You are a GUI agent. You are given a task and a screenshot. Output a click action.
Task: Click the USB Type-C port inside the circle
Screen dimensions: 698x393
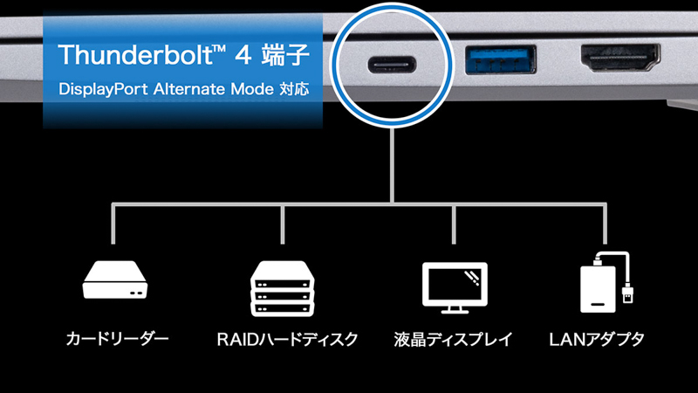point(392,65)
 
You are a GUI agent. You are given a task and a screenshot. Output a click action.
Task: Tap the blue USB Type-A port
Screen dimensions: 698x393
point(500,59)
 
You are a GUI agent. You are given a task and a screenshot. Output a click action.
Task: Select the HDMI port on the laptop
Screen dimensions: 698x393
point(620,58)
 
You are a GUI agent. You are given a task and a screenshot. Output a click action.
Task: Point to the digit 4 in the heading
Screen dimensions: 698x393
point(243,55)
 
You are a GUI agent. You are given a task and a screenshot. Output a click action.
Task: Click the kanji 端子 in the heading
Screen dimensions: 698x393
point(285,54)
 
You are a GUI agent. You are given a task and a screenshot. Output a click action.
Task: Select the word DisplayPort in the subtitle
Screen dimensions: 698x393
point(103,89)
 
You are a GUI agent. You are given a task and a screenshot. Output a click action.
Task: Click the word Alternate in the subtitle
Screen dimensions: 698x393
point(189,89)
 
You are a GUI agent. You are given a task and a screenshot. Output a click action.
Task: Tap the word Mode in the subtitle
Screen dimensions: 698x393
point(252,89)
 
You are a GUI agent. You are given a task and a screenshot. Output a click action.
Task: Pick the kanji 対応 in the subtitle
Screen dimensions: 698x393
point(294,89)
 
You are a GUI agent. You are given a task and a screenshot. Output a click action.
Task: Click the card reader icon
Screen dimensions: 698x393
point(115,279)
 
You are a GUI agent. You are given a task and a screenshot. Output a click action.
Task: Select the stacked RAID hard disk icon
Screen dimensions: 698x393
point(282,289)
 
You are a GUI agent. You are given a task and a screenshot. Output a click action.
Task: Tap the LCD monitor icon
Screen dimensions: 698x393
point(455,287)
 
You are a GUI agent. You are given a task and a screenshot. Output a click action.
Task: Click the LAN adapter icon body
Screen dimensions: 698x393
point(599,290)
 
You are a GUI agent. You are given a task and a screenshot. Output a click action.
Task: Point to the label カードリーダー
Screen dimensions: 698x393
point(117,339)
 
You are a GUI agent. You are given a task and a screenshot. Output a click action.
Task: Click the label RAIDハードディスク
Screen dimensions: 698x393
point(287,340)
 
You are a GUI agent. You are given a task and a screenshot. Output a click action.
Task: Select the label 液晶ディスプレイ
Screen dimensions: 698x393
point(453,340)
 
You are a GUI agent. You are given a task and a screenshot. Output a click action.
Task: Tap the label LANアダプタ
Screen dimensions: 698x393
point(597,340)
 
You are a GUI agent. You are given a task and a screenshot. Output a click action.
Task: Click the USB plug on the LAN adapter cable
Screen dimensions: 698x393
point(627,293)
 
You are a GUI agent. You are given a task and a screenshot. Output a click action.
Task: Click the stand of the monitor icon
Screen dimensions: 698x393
point(455,310)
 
